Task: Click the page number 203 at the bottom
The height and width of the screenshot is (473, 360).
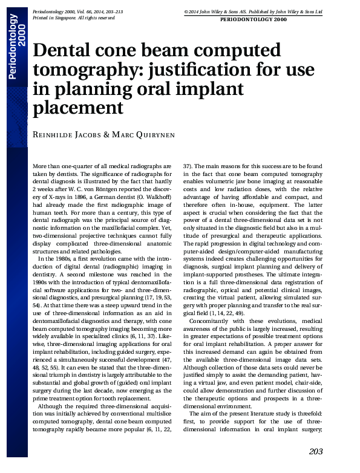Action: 315,451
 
